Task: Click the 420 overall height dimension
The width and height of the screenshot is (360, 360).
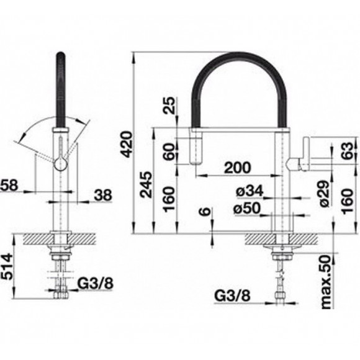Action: point(127,144)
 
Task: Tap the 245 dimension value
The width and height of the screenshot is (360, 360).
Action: point(146,185)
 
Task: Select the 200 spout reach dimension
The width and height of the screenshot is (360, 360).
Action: point(237,168)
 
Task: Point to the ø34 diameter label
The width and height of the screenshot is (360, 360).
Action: point(250,191)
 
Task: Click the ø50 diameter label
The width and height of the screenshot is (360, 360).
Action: point(247,209)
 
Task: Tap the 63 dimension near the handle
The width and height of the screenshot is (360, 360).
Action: point(347,151)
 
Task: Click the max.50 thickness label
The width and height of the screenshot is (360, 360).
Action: point(326,282)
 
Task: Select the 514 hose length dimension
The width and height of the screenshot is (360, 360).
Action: point(7,266)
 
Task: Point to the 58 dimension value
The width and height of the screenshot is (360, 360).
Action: point(9,186)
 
